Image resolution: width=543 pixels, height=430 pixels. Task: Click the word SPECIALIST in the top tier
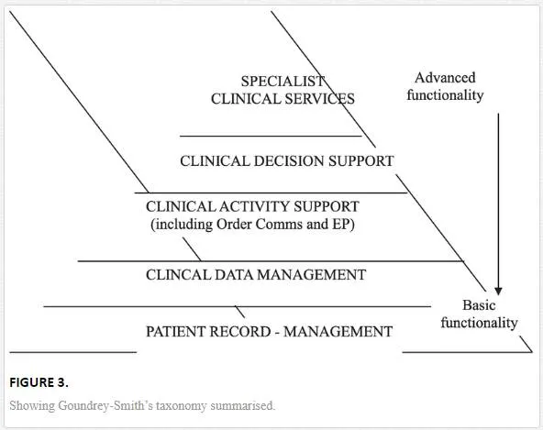click(283, 82)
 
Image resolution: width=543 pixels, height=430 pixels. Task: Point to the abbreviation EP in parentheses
click(344, 225)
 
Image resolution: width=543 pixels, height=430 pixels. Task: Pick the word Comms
click(279, 225)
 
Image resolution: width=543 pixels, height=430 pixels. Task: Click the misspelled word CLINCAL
click(178, 275)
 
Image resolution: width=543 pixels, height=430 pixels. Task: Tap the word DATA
click(234, 275)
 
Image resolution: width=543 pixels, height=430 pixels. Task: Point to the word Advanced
click(445, 78)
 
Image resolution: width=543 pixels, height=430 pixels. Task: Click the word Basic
click(479, 305)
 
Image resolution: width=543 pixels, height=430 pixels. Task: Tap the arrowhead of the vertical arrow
click(498, 291)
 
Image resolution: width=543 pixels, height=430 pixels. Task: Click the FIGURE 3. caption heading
click(39, 382)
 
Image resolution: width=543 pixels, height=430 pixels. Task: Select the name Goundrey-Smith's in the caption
click(105, 405)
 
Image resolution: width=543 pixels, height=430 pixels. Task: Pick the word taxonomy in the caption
click(182, 406)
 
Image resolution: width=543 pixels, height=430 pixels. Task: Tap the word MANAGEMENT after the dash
click(338, 332)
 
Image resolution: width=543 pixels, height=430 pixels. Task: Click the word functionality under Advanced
click(445, 95)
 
